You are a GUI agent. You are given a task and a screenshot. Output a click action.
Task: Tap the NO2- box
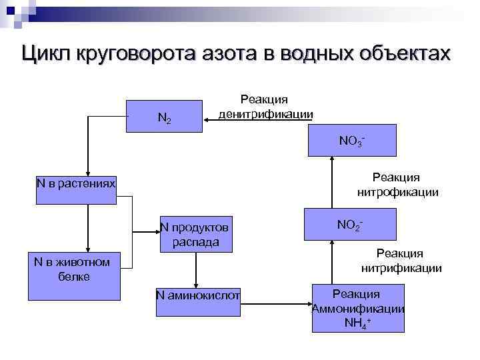click(351, 225)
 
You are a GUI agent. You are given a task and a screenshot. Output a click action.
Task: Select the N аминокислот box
click(197, 295)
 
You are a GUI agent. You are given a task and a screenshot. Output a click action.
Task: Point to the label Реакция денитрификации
click(265, 107)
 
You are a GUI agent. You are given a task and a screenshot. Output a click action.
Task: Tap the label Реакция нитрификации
click(401, 261)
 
